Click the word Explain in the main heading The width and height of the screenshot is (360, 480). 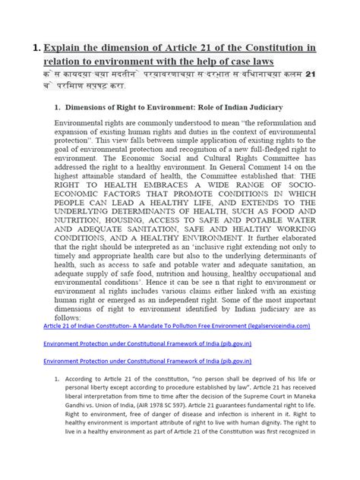[71, 49]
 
